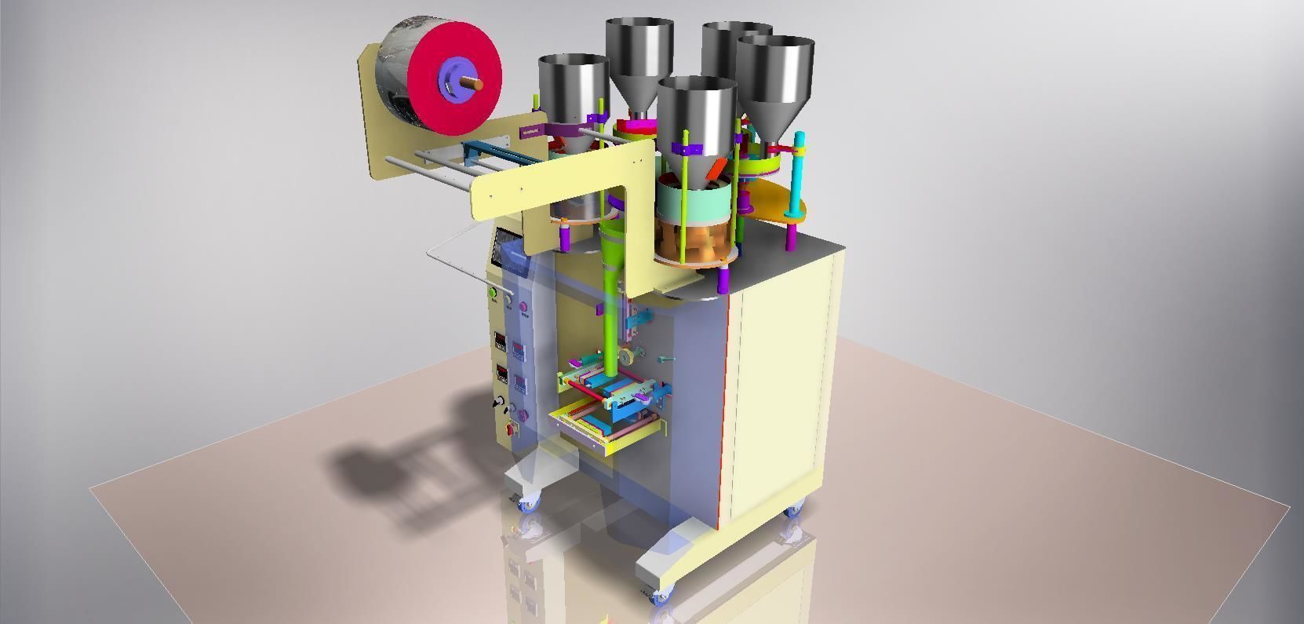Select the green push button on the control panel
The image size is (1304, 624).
[494, 294]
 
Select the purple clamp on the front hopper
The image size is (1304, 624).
[687, 149]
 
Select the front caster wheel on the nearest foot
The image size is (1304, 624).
[660, 597]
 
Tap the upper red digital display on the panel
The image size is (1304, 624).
[500, 342]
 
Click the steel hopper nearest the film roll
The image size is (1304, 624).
[573, 86]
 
